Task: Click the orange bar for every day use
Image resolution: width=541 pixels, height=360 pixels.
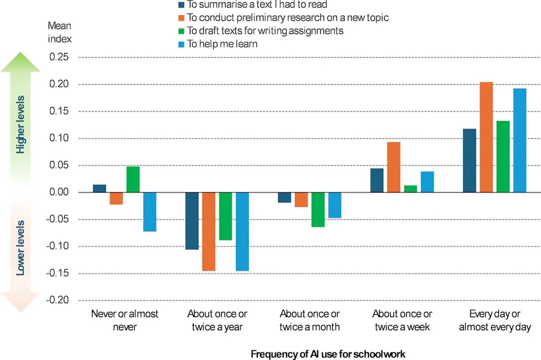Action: (x=486, y=137)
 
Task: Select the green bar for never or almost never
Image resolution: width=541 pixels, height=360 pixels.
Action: (x=133, y=179)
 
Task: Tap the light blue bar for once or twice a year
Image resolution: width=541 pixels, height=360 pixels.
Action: (x=242, y=232)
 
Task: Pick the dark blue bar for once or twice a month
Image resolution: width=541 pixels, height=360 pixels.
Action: (x=284, y=197)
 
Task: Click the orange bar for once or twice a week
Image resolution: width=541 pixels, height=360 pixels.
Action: (x=394, y=167)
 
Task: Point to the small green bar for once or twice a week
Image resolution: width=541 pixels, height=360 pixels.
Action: (x=411, y=189)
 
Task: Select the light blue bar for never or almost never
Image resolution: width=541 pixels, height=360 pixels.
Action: (x=150, y=212)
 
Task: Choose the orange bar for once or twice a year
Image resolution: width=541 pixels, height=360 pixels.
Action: (x=209, y=232)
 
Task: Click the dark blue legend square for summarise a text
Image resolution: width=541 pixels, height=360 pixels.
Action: (x=181, y=5)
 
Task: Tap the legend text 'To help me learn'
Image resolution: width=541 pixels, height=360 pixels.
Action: (x=222, y=44)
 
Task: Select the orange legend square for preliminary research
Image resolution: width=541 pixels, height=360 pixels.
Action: (x=181, y=18)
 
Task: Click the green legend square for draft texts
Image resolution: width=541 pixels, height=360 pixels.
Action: (x=181, y=31)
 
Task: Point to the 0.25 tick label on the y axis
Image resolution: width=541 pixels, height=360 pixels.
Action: (x=59, y=57)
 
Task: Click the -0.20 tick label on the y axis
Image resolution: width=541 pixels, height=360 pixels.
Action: (x=58, y=300)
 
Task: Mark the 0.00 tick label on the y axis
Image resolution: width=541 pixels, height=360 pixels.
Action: (x=59, y=192)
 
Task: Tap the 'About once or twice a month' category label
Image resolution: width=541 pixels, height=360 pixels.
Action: (x=310, y=320)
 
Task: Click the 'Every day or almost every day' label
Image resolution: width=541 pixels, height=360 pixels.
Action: (x=495, y=320)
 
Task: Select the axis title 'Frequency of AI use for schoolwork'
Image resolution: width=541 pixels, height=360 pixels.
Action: (x=328, y=354)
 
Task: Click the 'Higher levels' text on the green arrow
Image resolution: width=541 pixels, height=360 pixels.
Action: (x=20, y=124)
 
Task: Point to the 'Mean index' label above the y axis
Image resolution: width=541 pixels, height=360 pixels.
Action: (x=60, y=32)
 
